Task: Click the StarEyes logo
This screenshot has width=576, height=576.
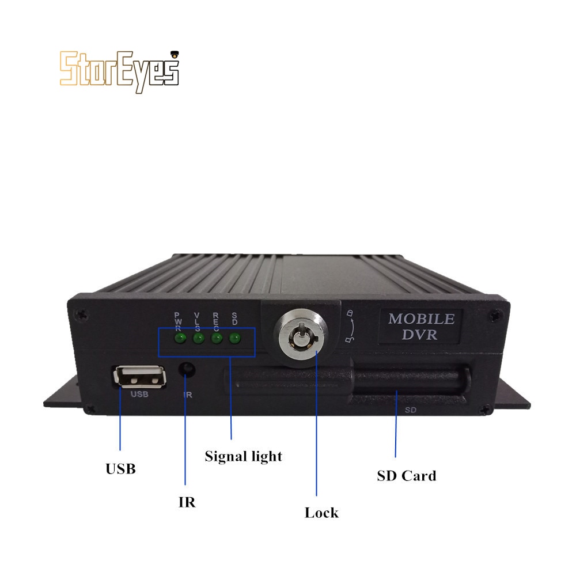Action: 119,69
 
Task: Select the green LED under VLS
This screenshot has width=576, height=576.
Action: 198,338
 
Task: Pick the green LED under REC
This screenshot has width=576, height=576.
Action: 217,338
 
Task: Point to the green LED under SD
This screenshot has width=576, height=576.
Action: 234,338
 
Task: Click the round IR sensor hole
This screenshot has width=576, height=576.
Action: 187,369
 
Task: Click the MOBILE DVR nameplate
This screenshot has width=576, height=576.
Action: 421,327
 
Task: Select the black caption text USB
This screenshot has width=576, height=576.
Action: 120,469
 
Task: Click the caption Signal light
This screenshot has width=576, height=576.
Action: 244,456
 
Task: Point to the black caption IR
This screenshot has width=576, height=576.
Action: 186,502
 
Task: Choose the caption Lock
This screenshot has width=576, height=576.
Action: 321,512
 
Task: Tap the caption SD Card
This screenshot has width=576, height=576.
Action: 406,476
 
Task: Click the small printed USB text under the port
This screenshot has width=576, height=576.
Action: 139,395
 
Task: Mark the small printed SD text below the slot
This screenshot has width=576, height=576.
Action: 411,411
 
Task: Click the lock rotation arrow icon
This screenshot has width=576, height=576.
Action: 351,327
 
